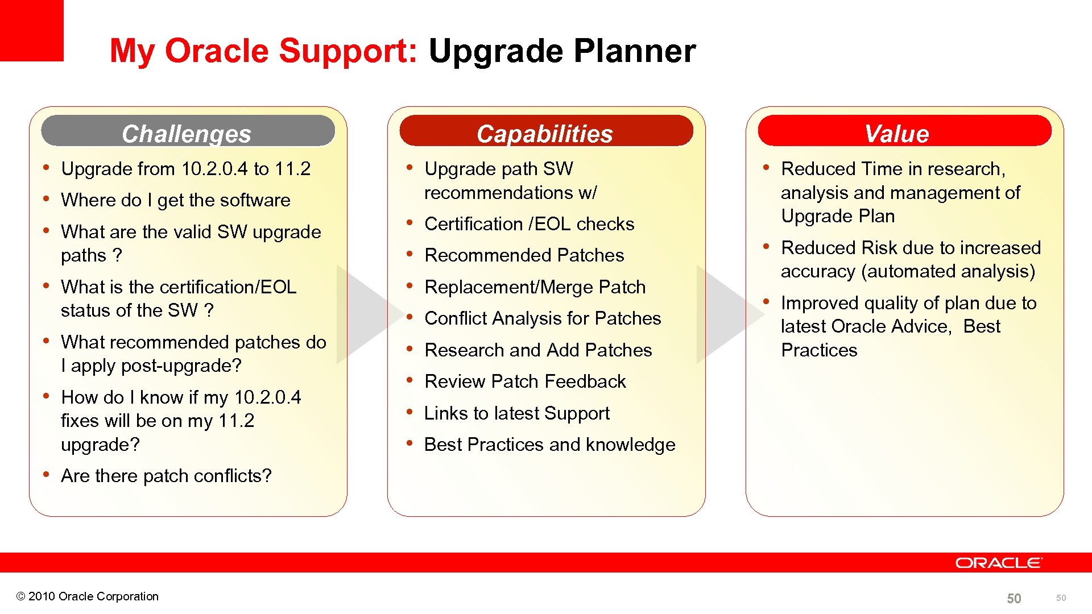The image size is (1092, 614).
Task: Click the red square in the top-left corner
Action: click(x=31, y=30)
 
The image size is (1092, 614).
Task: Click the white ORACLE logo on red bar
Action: click(x=998, y=563)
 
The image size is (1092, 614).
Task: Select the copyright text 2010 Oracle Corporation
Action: click(x=88, y=596)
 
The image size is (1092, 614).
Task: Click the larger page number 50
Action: click(x=1014, y=598)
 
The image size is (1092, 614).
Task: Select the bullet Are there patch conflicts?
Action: click(x=166, y=476)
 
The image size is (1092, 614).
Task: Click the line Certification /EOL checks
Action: click(x=529, y=224)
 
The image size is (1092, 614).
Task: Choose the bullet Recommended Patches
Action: click(x=524, y=255)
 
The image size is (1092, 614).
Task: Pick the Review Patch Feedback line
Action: click(x=525, y=381)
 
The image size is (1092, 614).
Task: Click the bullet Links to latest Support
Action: click(x=516, y=413)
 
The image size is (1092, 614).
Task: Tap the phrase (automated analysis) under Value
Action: click(x=948, y=271)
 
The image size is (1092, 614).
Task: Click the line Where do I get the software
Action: click(x=175, y=200)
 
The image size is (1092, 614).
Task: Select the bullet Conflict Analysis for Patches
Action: click(x=543, y=318)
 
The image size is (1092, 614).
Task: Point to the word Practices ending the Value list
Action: click(x=819, y=350)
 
